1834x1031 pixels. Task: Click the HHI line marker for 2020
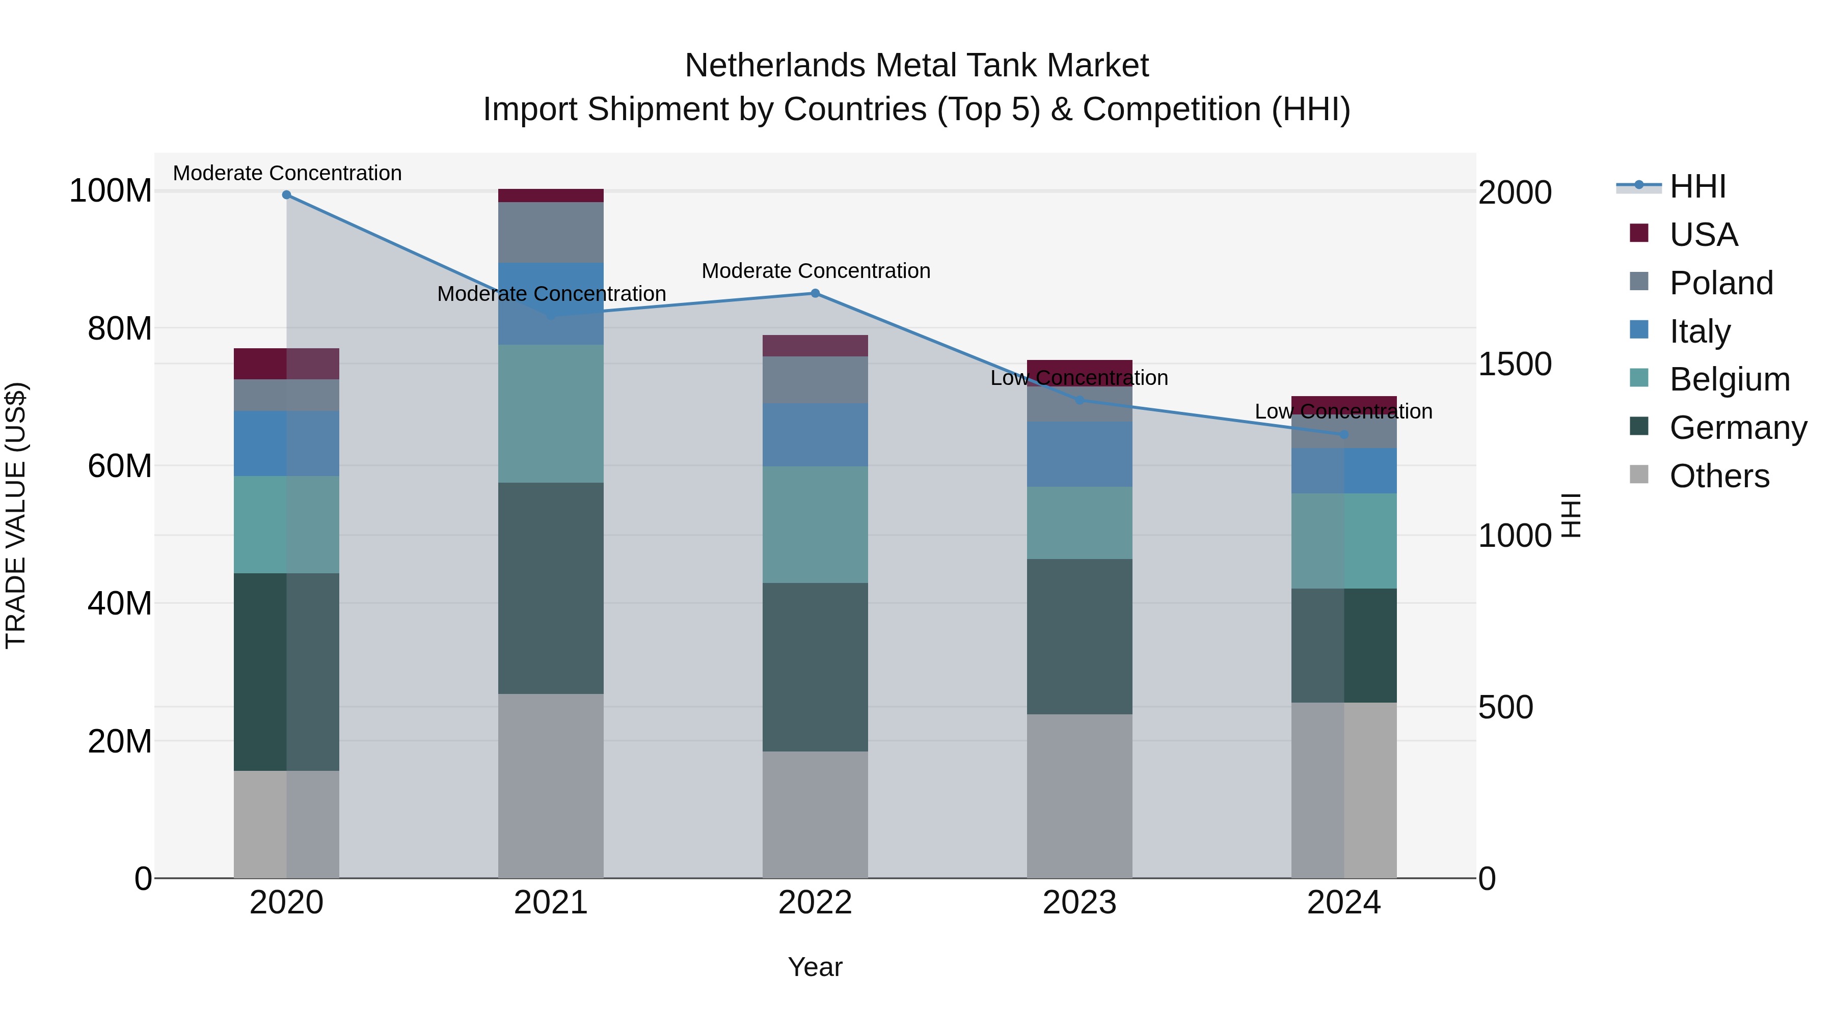click(x=286, y=195)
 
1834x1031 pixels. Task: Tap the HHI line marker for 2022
click(x=815, y=293)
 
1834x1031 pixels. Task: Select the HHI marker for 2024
click(x=1343, y=434)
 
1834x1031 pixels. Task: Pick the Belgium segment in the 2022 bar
click(x=815, y=524)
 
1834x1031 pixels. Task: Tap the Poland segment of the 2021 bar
click(x=550, y=233)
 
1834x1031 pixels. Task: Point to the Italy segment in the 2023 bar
click(x=1080, y=454)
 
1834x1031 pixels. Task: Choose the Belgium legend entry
click(x=1729, y=379)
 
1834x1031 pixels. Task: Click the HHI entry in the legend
click(x=1697, y=186)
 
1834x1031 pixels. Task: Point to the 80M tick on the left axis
click(x=120, y=329)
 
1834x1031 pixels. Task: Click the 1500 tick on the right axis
click(x=1515, y=365)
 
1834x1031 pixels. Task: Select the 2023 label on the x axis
click(x=1080, y=903)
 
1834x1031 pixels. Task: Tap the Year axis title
click(x=815, y=967)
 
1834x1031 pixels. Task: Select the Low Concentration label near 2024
click(x=1343, y=411)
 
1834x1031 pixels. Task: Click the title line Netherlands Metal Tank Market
click(x=916, y=66)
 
